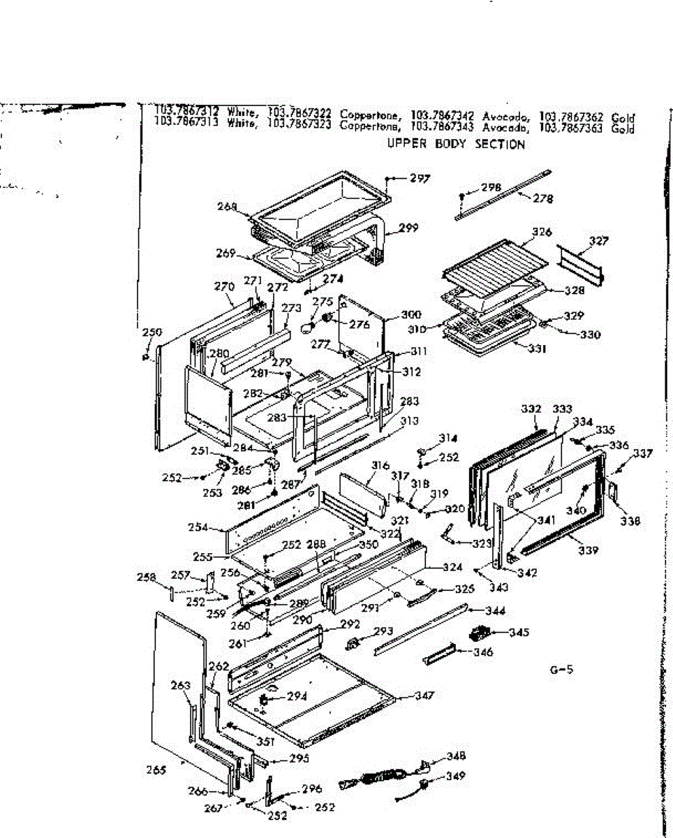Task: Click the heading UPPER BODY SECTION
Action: point(456,145)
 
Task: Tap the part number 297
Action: point(420,179)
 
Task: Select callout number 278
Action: point(542,199)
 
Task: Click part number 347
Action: point(424,696)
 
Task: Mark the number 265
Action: point(156,770)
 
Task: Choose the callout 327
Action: point(598,242)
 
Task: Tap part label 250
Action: point(151,332)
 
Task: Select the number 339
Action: point(588,550)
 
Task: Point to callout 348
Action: point(457,756)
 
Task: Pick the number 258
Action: point(146,578)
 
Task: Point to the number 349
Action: point(456,776)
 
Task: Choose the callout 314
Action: point(447,439)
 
